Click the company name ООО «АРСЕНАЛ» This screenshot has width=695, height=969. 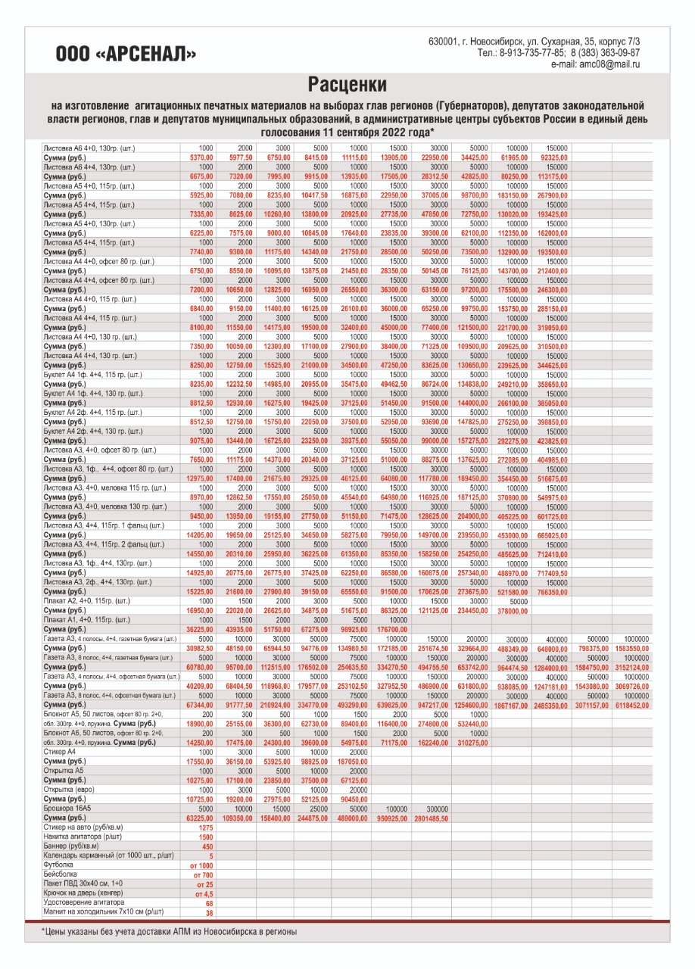pyautogui.click(x=126, y=55)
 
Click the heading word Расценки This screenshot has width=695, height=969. pyautogui.click(x=347, y=83)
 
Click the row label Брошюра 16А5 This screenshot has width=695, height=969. pyautogui.click(x=69, y=809)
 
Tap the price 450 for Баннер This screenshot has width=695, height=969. pyautogui.click(x=207, y=847)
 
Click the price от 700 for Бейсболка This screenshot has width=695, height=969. pyautogui.click(x=202, y=875)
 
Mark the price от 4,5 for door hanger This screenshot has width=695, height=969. pyautogui.click(x=203, y=894)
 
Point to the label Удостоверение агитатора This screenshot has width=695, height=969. pyautogui.click(x=86, y=904)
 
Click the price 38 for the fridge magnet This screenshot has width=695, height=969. pyautogui.click(x=209, y=914)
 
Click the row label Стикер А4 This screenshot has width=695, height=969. pyautogui.click(x=60, y=752)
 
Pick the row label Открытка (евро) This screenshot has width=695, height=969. pyautogui.click(x=68, y=790)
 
